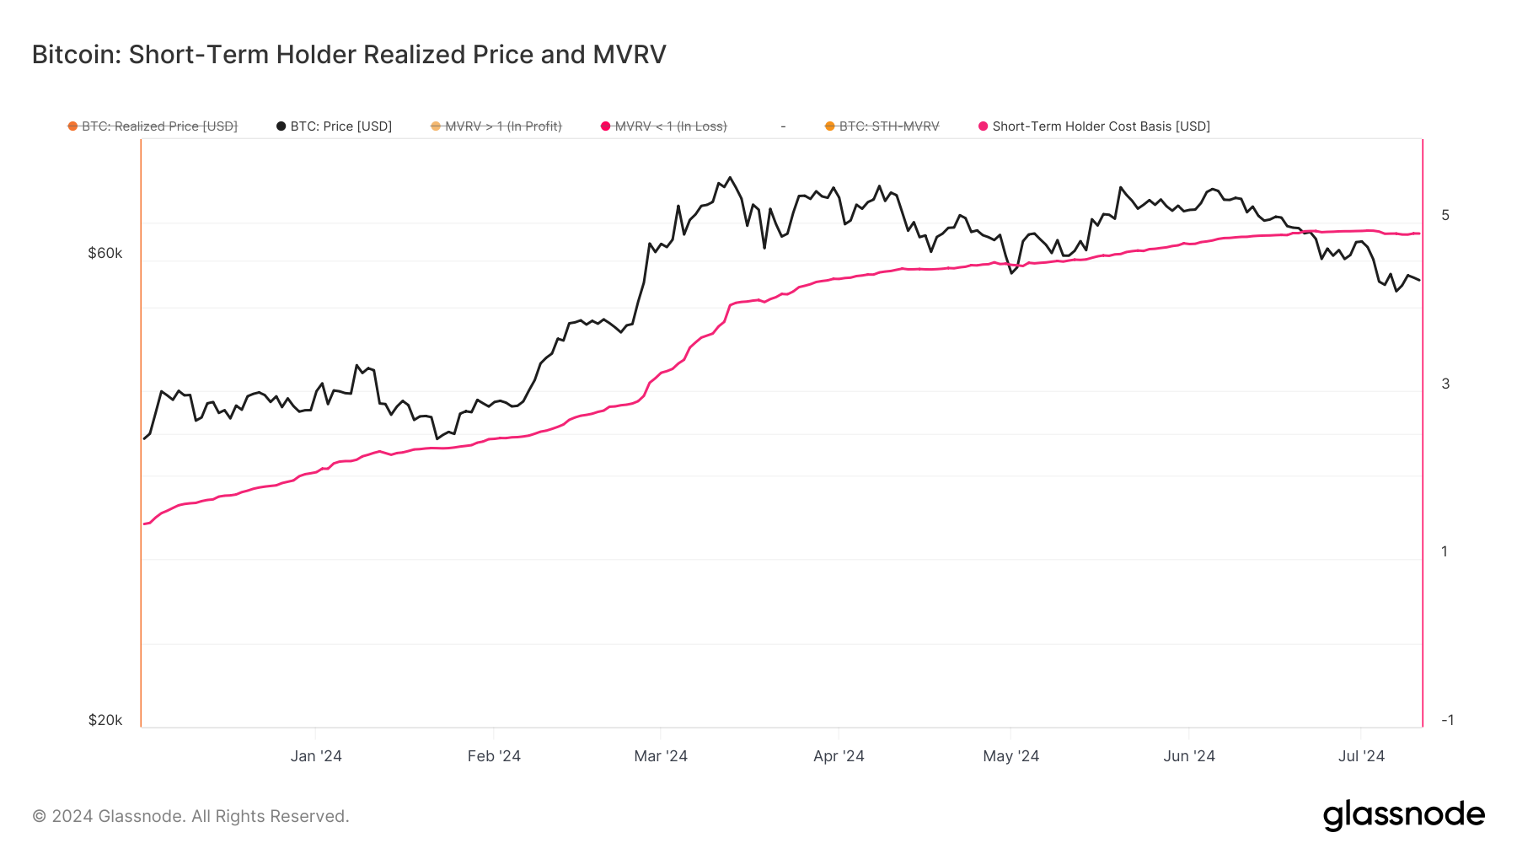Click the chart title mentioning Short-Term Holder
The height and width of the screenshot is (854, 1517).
[x=349, y=55]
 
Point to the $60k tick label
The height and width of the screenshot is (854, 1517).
[x=105, y=253]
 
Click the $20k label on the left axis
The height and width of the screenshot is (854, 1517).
[x=105, y=720]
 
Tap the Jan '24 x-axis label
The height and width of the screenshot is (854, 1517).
[x=316, y=756]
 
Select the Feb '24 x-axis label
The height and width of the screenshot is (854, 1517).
[x=494, y=756]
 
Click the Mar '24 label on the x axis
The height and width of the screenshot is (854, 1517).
[x=661, y=756]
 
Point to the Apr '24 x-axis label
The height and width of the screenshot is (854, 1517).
[x=839, y=756]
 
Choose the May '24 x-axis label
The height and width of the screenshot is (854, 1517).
[x=1010, y=756]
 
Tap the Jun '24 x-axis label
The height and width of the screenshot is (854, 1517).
[x=1189, y=756]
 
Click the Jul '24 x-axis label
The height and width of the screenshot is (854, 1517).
[x=1361, y=756]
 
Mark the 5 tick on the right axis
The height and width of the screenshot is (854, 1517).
[x=1445, y=215]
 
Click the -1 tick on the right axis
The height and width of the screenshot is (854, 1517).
[x=1447, y=720]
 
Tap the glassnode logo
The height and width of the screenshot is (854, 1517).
[x=1403, y=815]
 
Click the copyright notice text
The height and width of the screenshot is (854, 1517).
[x=190, y=816]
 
